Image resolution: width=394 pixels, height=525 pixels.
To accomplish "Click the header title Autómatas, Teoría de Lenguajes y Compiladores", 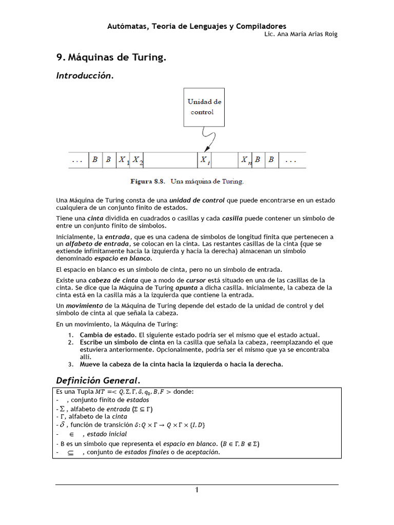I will point(196,26).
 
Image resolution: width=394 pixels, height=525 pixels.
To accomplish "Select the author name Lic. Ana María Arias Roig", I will point(300,34).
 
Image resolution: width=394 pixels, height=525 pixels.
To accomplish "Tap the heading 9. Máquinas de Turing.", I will point(111,58).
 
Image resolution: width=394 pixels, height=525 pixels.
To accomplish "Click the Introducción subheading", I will point(84,76).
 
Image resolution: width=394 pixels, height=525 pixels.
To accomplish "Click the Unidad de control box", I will point(204,107).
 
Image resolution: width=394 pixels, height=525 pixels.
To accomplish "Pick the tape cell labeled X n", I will point(246,160).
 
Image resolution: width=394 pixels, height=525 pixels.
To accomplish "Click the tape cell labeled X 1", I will point(124,160).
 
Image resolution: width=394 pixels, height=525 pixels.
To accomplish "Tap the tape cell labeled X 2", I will point(137,160).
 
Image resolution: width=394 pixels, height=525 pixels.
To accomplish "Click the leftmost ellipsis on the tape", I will point(77,160).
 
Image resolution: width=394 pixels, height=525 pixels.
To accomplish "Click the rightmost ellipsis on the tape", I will point(291,160).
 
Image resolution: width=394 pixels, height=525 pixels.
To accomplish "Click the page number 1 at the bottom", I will point(196,490).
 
